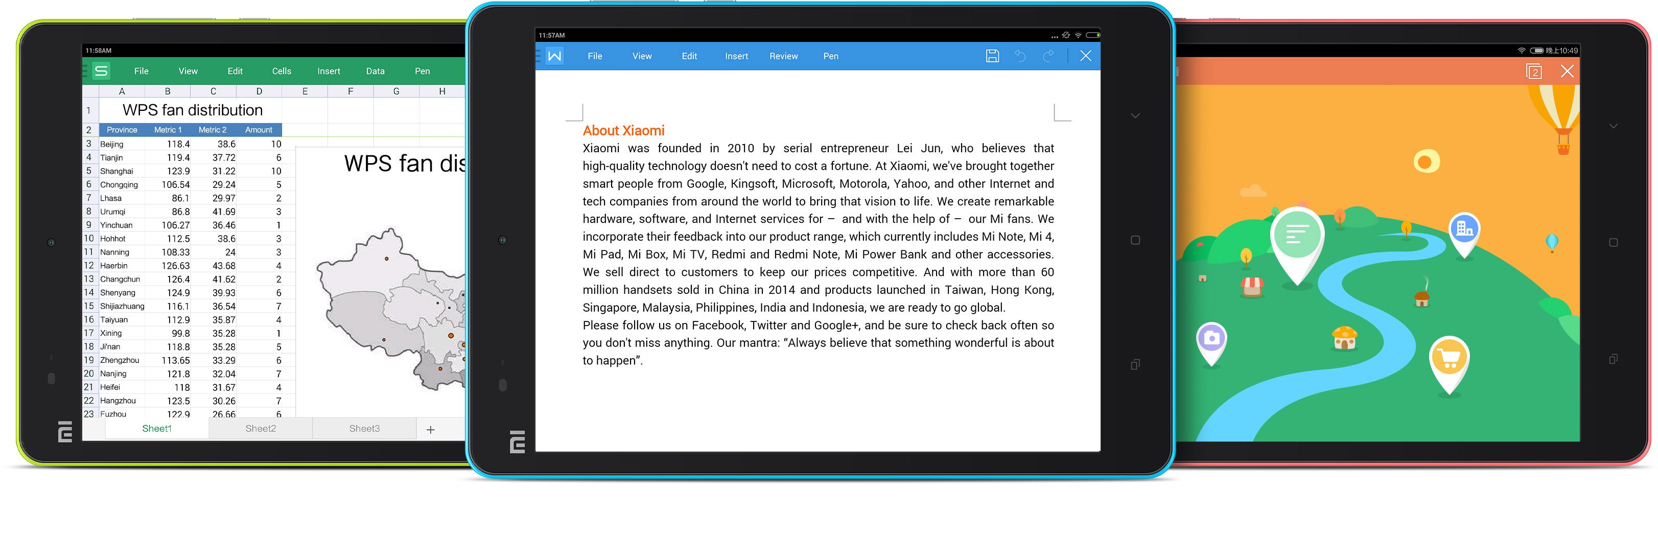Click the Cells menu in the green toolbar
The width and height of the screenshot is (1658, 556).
pos(281,72)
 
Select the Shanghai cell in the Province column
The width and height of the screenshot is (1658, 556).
pos(116,171)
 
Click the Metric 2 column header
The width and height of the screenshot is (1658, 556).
pos(213,130)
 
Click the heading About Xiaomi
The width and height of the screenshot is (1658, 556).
pos(623,131)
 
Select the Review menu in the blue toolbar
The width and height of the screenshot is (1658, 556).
pos(783,57)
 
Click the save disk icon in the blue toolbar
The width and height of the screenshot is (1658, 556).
pos(992,57)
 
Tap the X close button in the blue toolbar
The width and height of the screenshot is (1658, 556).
pos(1085,57)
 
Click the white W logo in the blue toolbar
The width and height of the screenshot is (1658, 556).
pos(554,57)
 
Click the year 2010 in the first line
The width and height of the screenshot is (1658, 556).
pos(740,149)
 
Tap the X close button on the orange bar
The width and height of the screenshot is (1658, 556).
pos(1567,72)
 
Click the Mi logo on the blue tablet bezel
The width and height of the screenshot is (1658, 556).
pos(517,442)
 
